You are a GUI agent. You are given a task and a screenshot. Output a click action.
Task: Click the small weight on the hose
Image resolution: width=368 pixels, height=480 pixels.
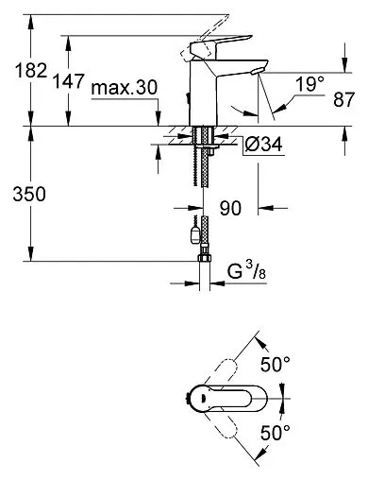[x=193, y=230]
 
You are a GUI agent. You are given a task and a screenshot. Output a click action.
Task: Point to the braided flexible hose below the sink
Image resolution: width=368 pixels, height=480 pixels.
[x=201, y=180]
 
